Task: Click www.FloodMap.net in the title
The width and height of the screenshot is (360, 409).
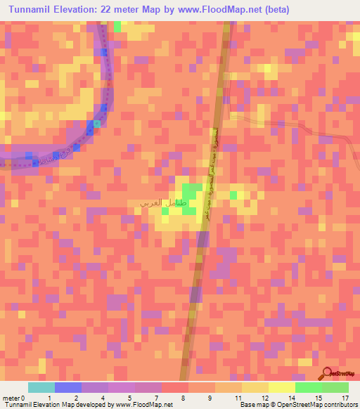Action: (214, 10)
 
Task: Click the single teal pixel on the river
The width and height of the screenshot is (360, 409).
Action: (98, 124)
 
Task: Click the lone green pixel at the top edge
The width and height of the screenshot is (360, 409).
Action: (117, 26)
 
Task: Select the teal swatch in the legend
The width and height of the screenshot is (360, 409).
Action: (41, 387)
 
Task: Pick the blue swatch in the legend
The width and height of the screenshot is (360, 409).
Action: (68, 387)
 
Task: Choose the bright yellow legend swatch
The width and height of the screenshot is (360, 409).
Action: (282, 387)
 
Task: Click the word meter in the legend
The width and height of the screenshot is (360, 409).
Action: (11, 397)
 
